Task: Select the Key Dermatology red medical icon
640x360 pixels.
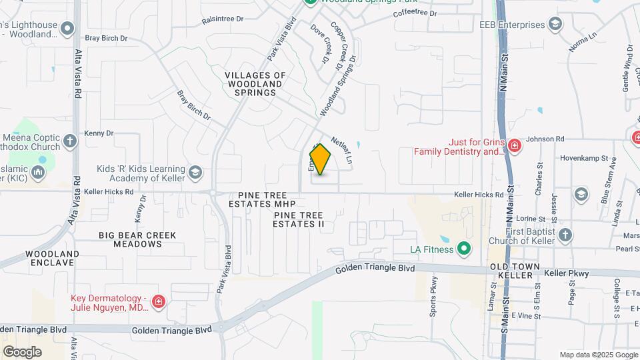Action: [x=159, y=303]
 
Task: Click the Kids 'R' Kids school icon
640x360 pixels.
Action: [x=195, y=173]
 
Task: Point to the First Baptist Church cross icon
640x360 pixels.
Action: [x=565, y=235]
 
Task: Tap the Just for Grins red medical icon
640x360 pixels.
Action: [x=514, y=145]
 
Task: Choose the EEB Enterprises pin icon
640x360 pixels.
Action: [x=557, y=25]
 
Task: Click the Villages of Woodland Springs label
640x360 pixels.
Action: [x=255, y=84]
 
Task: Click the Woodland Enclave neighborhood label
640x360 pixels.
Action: [x=53, y=258]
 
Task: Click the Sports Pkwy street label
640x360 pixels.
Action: [x=434, y=295]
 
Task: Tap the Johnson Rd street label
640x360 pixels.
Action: [x=545, y=139]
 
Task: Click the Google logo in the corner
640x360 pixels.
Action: [x=22, y=352]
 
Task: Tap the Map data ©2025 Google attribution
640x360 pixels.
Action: [x=598, y=355]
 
